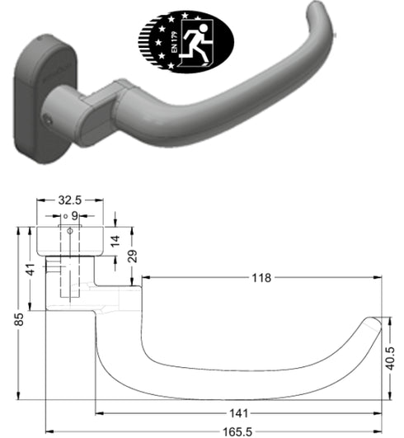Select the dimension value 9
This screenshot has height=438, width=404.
75,215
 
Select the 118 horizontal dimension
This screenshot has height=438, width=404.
261,279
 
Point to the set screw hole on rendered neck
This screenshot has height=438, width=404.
51,116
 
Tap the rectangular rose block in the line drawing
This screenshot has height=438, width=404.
69,240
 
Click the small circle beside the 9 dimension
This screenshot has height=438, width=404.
64,216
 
